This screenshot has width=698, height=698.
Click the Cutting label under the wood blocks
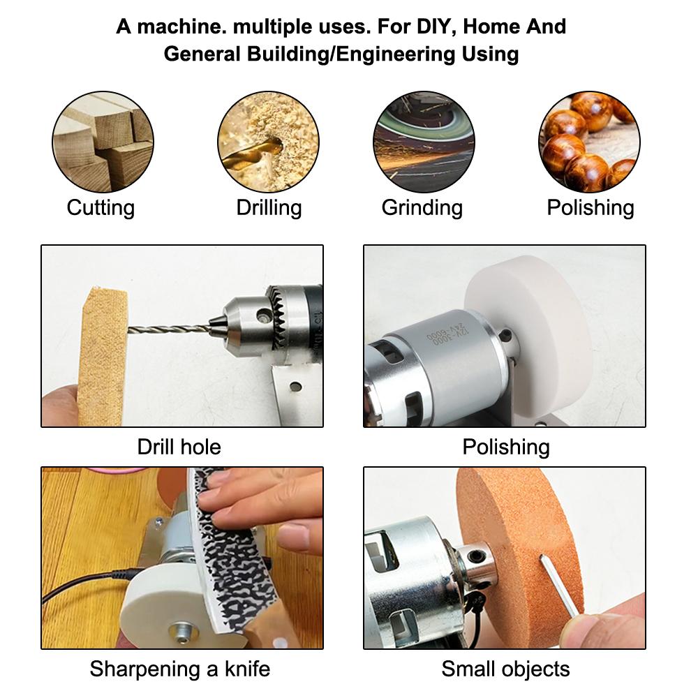(101, 208)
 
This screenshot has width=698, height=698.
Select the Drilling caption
(269, 208)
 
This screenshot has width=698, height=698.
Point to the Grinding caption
(422, 208)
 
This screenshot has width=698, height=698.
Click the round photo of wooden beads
(589, 142)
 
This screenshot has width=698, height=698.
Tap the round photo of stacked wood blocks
(103, 142)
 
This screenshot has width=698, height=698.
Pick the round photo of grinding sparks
(424, 142)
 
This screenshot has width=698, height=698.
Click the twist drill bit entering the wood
(169, 329)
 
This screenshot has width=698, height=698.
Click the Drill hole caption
(179, 447)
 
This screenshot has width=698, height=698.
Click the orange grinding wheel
(521, 556)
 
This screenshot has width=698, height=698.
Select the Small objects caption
(505, 669)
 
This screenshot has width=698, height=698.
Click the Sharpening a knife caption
(180, 669)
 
